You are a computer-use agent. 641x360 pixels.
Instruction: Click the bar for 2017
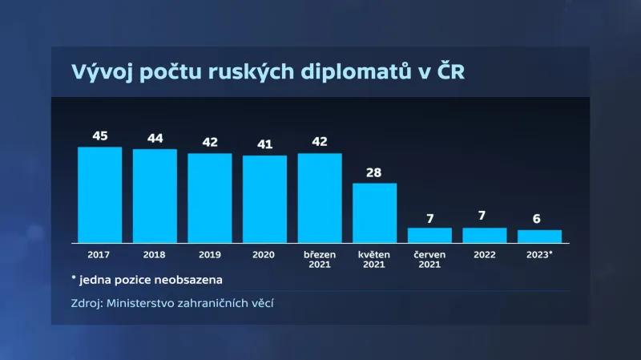99,194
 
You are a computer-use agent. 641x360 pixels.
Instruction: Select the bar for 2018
155,196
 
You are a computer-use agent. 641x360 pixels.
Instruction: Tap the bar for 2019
210,197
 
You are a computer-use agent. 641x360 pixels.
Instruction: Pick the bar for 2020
264,198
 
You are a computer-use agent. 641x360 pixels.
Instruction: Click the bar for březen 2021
320,197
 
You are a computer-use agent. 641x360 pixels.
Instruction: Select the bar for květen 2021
375,212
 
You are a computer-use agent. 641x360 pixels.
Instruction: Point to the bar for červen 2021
429,235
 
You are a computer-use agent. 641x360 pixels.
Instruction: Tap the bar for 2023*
539,236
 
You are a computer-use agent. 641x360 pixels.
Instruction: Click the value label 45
99,136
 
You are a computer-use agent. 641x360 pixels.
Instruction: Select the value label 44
155,139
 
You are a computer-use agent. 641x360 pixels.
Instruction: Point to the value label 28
375,172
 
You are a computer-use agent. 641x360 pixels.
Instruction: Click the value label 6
539,219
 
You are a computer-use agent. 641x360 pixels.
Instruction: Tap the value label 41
264,144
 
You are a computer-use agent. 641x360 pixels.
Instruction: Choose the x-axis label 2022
485,254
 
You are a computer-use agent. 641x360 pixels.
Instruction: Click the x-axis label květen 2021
375,259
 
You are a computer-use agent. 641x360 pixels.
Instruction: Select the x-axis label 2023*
539,254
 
